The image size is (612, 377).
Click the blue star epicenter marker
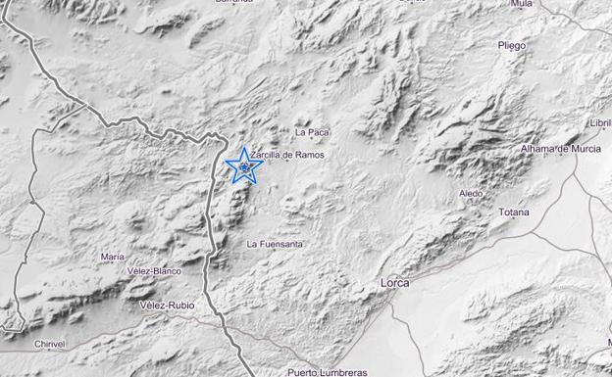(x=242, y=166)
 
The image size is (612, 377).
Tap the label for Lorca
(x=394, y=283)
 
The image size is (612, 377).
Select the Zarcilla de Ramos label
(x=286, y=155)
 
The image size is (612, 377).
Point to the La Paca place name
(x=311, y=131)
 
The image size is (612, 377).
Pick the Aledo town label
(x=471, y=193)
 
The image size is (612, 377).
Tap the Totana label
(x=513, y=212)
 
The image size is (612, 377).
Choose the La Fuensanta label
(x=275, y=243)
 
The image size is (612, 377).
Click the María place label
(x=112, y=257)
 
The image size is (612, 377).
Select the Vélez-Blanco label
(x=155, y=270)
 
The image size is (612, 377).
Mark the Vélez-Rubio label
(x=167, y=306)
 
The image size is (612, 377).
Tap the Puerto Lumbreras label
(x=327, y=372)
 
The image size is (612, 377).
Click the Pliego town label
(x=511, y=45)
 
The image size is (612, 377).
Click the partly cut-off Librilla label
(x=599, y=123)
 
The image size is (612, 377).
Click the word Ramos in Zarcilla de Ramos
(x=306, y=155)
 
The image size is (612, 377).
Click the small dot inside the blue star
(x=242, y=167)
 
